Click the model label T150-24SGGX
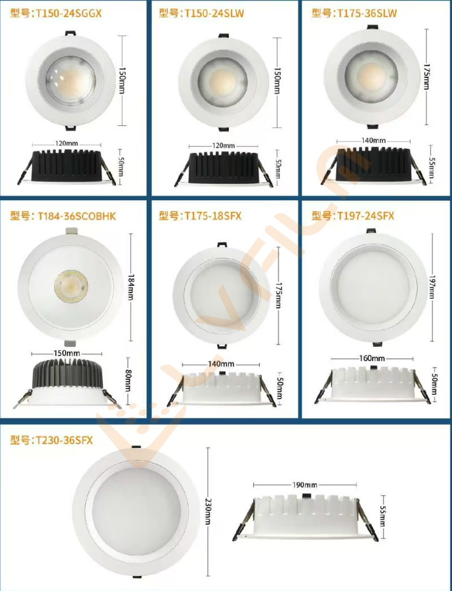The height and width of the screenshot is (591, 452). (x=68, y=13)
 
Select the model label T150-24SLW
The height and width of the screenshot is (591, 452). (x=214, y=13)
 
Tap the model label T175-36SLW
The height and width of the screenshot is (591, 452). (x=367, y=13)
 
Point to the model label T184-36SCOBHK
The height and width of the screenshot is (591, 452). (x=77, y=216)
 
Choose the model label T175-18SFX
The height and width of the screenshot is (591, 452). (x=212, y=216)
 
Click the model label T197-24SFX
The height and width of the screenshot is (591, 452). (x=366, y=216)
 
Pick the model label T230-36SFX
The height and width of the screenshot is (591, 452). (x=64, y=440)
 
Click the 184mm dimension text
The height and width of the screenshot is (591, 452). (x=131, y=287)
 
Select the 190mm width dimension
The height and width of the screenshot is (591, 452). (x=305, y=485)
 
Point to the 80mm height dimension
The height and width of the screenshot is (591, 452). (x=128, y=381)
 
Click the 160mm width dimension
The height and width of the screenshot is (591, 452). (x=372, y=358)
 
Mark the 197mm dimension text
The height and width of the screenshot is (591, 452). (x=432, y=287)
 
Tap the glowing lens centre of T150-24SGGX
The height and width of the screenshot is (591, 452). (x=71, y=80)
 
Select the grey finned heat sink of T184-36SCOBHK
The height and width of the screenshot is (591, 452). (x=68, y=373)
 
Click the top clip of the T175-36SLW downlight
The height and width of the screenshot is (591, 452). (x=372, y=27)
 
